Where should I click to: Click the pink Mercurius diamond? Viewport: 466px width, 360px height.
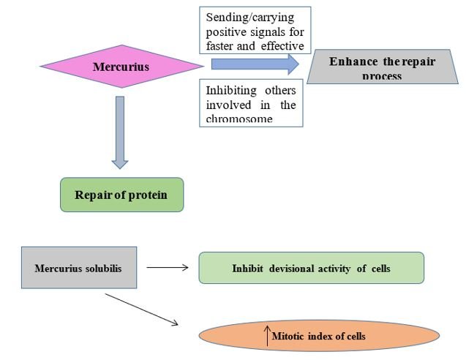point(121,67)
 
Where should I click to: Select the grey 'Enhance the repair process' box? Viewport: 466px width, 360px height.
point(381,67)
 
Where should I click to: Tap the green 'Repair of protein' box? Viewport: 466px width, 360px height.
point(121,195)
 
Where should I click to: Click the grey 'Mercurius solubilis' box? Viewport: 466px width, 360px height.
point(78,268)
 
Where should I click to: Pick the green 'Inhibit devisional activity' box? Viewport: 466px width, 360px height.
point(311,268)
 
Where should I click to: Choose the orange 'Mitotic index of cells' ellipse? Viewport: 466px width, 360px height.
point(320,336)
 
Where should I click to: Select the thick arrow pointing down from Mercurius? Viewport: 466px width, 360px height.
point(121,132)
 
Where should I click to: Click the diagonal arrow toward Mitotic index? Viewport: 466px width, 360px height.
point(142,310)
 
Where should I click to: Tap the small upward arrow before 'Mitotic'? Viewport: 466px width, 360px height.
point(267,336)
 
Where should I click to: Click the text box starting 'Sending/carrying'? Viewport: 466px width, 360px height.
point(255,29)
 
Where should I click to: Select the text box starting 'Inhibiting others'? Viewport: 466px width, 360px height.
point(251,103)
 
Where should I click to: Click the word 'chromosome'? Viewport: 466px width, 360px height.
point(240,119)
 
